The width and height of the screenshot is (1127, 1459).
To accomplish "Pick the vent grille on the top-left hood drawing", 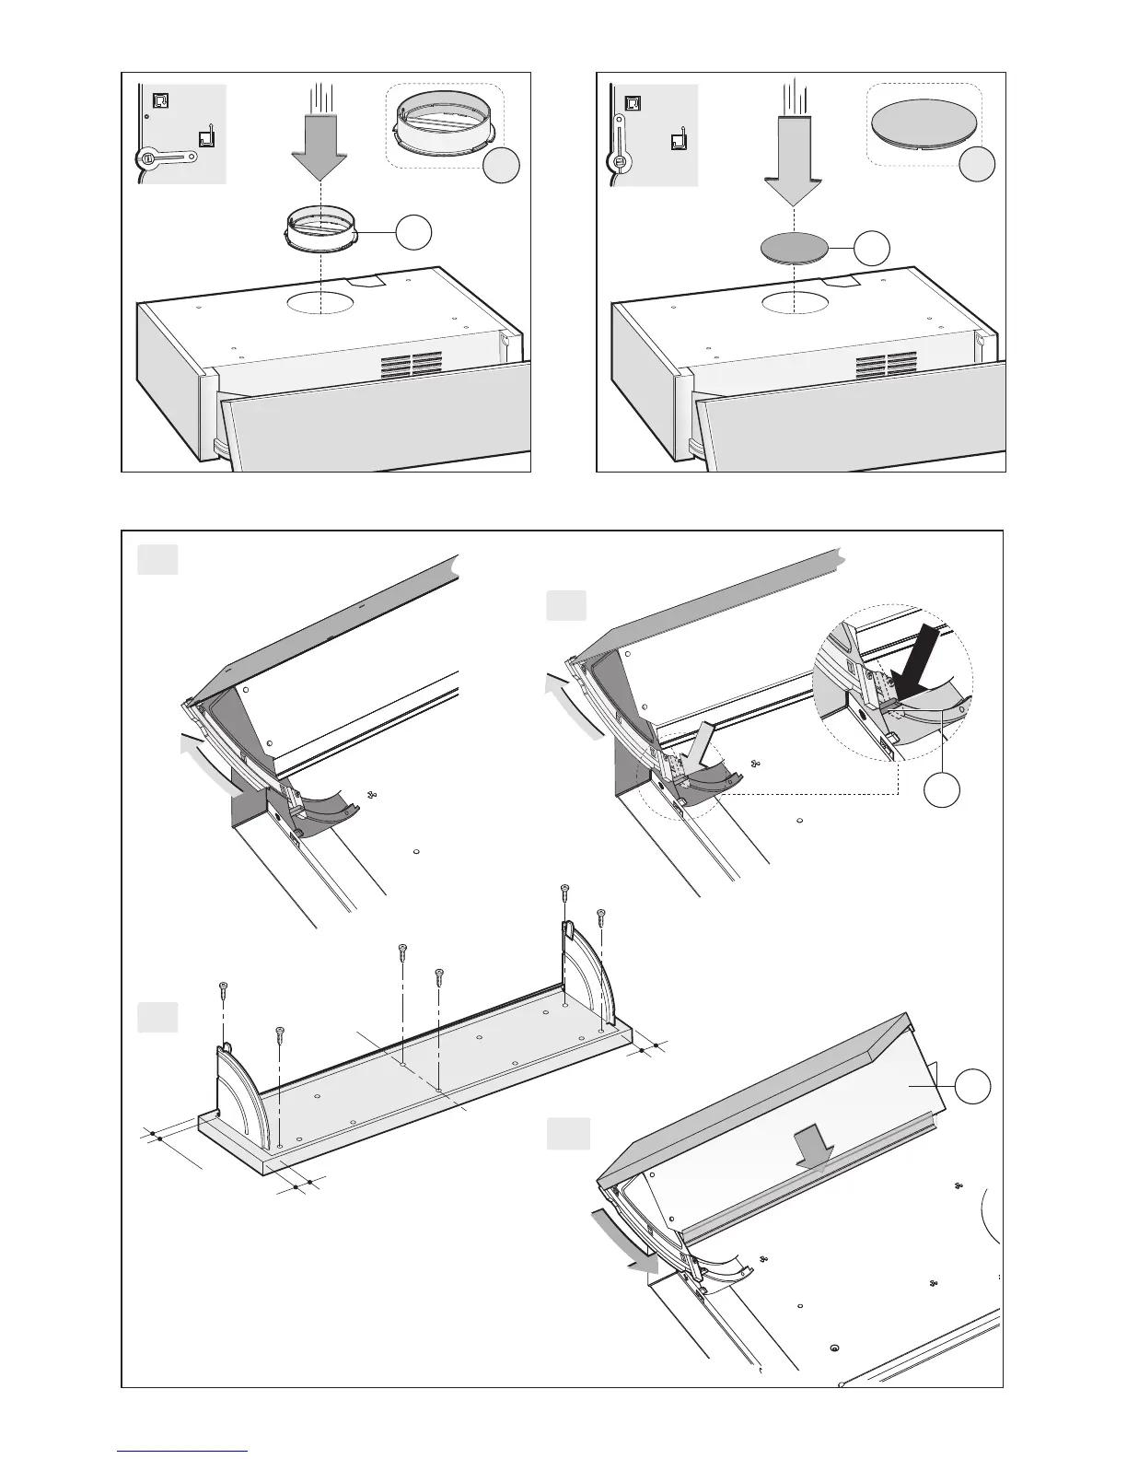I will [x=414, y=366].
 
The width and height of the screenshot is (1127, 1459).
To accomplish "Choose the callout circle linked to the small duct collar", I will [x=414, y=234].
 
